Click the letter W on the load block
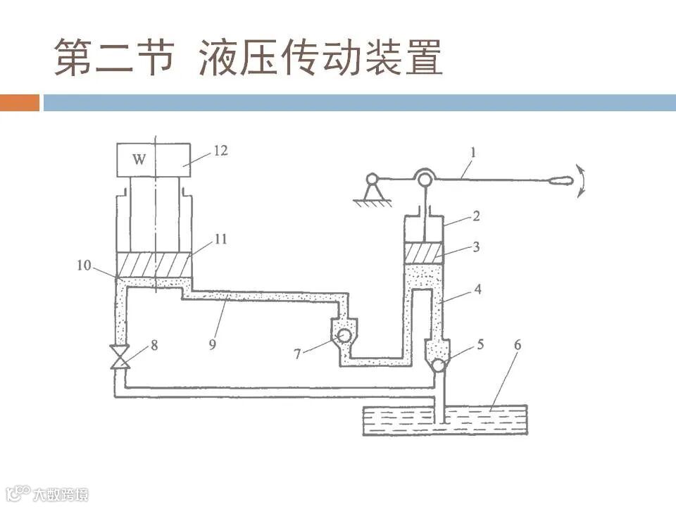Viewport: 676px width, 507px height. click(139, 160)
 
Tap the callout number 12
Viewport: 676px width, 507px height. click(220, 151)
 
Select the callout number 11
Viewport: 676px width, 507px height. click(220, 239)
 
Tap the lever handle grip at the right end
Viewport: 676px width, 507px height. click(562, 180)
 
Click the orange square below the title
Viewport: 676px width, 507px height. click(20, 103)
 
